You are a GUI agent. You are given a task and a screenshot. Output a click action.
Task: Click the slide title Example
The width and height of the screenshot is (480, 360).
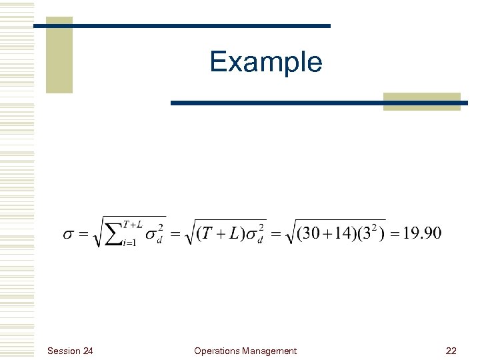pos(265,62)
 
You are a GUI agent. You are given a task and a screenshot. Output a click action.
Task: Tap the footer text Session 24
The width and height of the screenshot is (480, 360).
pos(71,351)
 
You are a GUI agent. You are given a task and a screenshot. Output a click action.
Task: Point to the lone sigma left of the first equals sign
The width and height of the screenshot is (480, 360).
pos(70,235)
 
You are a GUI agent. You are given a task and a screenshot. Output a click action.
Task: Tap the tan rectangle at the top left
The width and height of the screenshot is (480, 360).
pos(59,55)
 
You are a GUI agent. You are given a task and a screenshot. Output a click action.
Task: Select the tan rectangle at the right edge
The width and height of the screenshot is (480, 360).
pos(422,101)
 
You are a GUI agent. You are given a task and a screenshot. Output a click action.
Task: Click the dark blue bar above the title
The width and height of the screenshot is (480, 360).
pos(182,26)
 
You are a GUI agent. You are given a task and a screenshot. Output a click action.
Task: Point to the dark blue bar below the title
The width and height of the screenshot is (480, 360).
pos(319,103)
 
